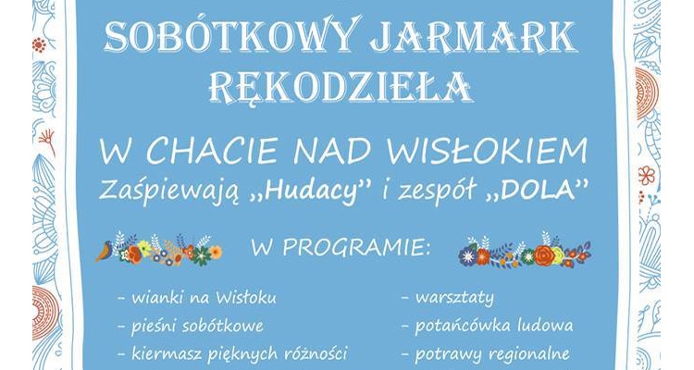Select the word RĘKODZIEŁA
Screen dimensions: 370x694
pos(346,88)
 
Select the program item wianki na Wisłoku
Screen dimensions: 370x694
pos(196,298)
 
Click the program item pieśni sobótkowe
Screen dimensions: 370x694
pos(191,326)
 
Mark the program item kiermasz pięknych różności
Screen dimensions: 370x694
pos(231,353)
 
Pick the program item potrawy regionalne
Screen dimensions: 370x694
pos(485,353)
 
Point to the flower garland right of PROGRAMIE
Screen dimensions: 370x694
pos(525,252)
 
